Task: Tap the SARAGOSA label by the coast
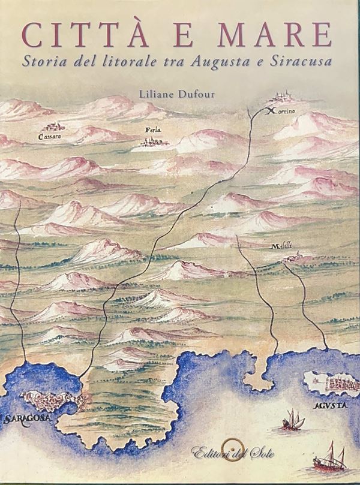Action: (25, 419)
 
